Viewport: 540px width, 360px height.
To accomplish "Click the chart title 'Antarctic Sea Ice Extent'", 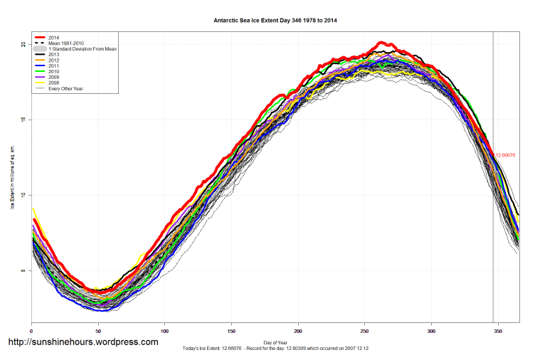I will coord(275,21).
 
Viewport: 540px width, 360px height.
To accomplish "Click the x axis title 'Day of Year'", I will coord(275,342).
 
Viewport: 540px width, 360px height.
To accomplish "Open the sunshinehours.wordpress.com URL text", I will coord(83,342).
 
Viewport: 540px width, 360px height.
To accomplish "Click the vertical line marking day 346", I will coord(493,213).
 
